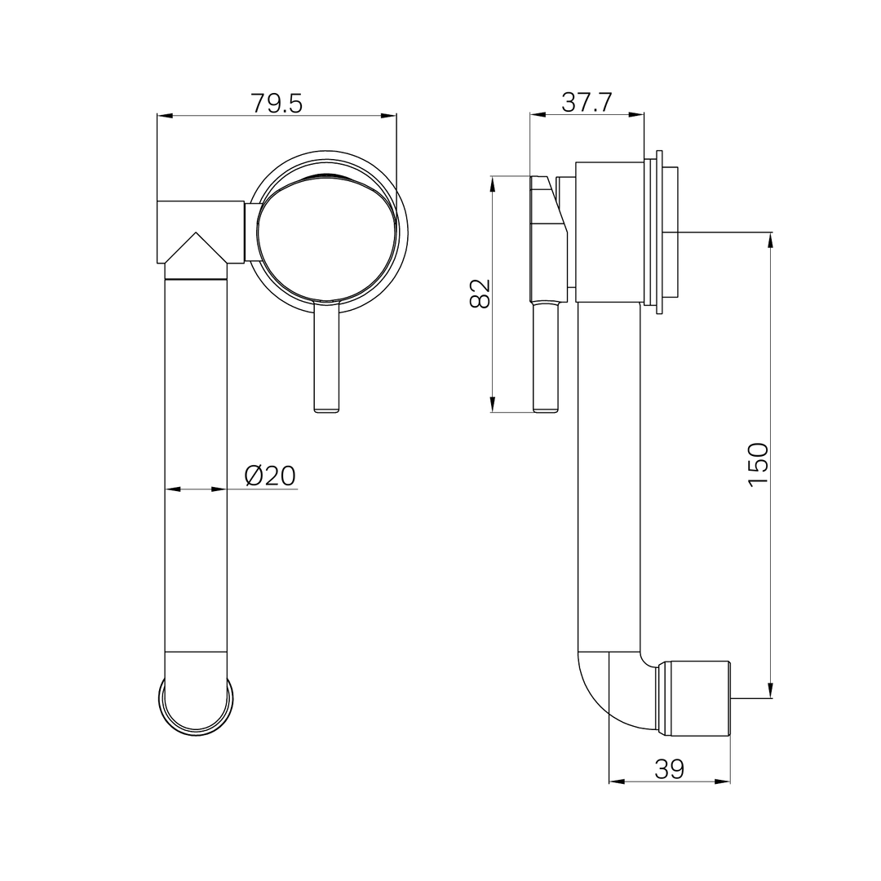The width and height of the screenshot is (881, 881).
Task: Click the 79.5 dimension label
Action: coord(276,104)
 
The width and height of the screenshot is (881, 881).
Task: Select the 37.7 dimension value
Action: coord(587,103)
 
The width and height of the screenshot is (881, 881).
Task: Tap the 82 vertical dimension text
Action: coord(480,294)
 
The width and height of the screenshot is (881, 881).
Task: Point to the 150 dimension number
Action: coord(759,465)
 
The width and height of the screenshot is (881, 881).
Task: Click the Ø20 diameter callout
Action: coord(270,476)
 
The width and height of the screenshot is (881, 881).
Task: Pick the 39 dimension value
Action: coord(669,768)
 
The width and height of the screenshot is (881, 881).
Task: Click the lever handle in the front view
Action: coord(326,359)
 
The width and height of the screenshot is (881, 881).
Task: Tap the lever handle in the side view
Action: coord(546,359)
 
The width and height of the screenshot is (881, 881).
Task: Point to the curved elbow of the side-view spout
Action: coord(604,693)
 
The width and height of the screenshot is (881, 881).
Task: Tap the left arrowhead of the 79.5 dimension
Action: coord(164,116)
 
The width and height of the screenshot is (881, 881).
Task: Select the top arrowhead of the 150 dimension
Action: coord(770,240)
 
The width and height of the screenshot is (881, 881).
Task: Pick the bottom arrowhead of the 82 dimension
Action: coord(492,405)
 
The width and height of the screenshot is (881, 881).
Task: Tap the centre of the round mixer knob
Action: coord(326,237)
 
